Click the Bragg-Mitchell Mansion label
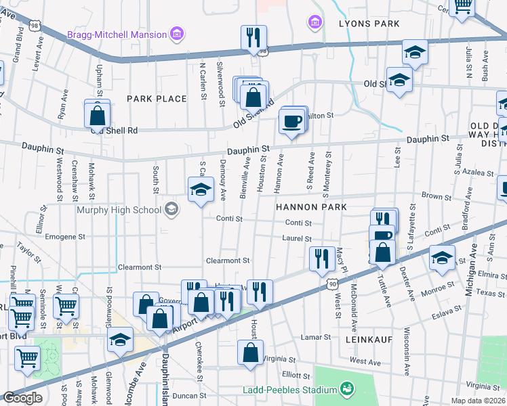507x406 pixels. point(116,34)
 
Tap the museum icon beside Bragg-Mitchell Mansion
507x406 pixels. point(177,33)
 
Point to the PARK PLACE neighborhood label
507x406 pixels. point(157,99)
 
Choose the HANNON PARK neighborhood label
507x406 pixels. point(310,207)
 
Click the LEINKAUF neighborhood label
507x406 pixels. point(369,338)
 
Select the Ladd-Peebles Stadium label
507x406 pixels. point(291,390)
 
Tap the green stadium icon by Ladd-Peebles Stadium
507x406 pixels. point(347,388)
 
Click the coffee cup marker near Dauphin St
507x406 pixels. point(292,122)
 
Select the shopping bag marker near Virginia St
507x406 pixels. point(251,352)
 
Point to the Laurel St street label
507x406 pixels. point(298,238)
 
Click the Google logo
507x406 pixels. point(22,398)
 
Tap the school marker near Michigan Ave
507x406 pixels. point(441,258)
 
